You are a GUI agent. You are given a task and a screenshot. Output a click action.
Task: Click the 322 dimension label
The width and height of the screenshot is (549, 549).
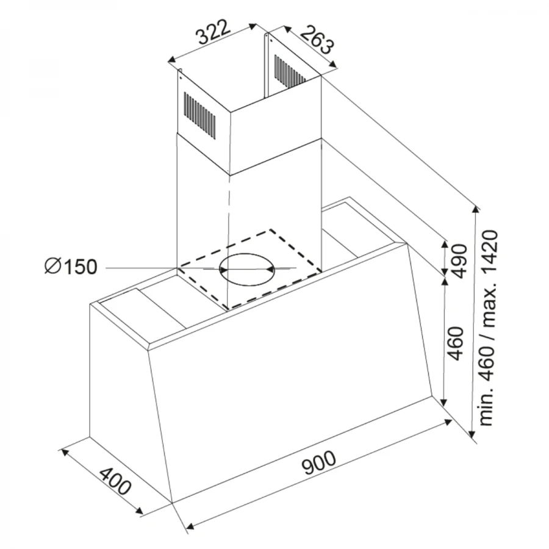point(214,32)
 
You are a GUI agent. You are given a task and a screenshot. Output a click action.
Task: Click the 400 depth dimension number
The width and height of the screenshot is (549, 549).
point(115,481)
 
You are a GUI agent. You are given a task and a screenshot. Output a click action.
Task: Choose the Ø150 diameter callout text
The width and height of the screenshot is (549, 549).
point(71,267)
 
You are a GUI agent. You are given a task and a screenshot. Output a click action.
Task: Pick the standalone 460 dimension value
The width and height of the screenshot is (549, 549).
point(456,343)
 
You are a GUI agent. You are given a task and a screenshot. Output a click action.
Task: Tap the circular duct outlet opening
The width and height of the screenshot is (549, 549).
point(247,269)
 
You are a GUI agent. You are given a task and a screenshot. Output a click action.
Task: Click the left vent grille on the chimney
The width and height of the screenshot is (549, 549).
point(200,116)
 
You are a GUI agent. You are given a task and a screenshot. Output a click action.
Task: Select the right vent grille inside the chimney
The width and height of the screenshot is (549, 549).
point(290,71)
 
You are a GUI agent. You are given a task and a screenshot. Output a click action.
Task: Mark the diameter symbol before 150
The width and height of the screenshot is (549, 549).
point(53,267)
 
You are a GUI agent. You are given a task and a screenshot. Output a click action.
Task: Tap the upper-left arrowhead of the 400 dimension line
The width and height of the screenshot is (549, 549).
point(63,451)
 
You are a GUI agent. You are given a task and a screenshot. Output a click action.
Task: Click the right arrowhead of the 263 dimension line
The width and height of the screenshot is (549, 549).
point(333,64)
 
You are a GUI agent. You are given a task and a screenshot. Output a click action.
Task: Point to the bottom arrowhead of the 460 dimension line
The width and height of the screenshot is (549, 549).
point(444,403)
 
